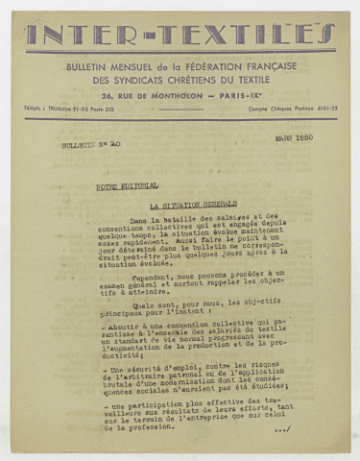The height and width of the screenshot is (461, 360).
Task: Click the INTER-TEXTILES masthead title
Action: coord(180,36)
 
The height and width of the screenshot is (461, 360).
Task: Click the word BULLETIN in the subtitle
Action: coord(88,66)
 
